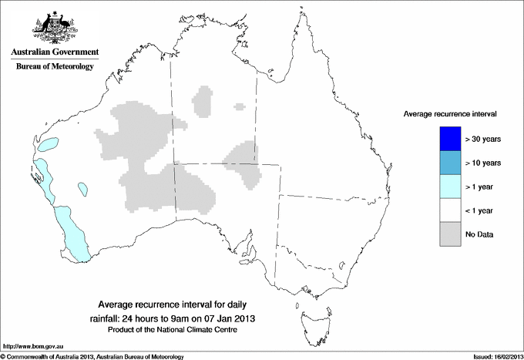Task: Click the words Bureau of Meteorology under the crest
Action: pyautogui.click(x=55, y=67)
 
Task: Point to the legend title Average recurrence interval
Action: pyautogui.click(x=450, y=113)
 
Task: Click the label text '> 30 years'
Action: pyautogui.click(x=483, y=139)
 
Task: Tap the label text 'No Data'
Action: pyautogui.click(x=479, y=234)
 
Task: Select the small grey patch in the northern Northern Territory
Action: pyautogui.click(x=204, y=101)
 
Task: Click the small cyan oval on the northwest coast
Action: pyautogui.click(x=49, y=143)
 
